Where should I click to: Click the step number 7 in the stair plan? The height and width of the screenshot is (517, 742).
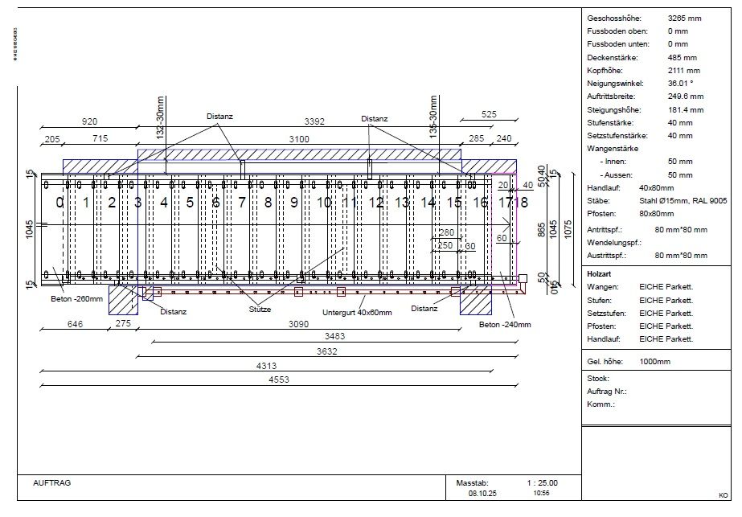pyautogui.click(x=242, y=203)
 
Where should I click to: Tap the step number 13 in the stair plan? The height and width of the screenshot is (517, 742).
pyautogui.click(x=402, y=203)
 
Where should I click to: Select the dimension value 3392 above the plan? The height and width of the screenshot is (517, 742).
pyautogui.click(x=315, y=122)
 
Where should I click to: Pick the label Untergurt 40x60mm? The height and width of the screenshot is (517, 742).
pyautogui.click(x=357, y=312)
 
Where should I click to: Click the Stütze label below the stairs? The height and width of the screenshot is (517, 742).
pyautogui.click(x=260, y=309)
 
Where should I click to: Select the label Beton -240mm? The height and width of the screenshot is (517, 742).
pyautogui.click(x=505, y=324)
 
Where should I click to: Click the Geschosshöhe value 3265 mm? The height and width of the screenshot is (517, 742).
pyautogui.click(x=684, y=18)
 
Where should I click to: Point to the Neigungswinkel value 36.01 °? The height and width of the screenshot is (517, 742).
pyautogui.click(x=680, y=84)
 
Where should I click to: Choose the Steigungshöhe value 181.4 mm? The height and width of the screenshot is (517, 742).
pyautogui.click(x=685, y=110)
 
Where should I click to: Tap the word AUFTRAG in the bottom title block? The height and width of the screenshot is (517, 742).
pyautogui.click(x=52, y=483)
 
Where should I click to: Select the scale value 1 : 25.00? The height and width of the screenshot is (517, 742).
pyautogui.click(x=542, y=483)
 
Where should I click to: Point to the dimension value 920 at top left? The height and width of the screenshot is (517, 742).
pyautogui.click(x=90, y=122)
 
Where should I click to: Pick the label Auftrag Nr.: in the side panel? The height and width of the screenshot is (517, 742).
pyautogui.click(x=607, y=392)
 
